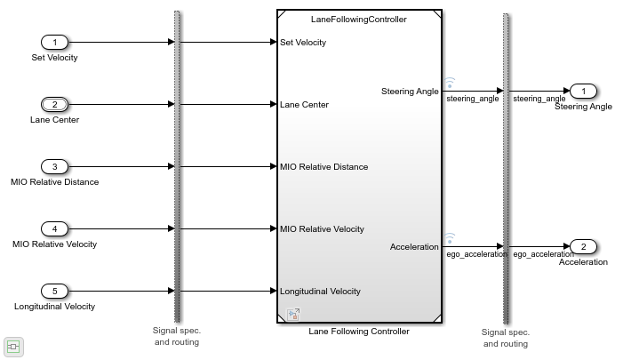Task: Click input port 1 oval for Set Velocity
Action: [54, 42]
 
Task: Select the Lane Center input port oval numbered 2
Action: [54, 104]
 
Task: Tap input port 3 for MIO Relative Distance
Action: [54, 166]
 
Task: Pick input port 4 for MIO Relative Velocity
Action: [54, 228]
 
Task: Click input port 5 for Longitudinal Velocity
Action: [54, 291]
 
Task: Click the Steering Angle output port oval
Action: [583, 91]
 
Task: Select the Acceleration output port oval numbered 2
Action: [583, 246]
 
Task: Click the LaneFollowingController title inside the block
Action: [358, 19]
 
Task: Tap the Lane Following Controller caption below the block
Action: [358, 332]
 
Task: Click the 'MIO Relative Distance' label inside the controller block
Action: [323, 166]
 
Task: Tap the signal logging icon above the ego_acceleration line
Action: [450, 237]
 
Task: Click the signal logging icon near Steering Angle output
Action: [450, 82]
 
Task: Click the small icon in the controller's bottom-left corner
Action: [292, 314]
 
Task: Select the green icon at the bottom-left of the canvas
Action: [12, 347]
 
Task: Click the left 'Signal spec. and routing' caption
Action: [177, 336]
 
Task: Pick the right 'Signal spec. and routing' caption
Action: [505, 338]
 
